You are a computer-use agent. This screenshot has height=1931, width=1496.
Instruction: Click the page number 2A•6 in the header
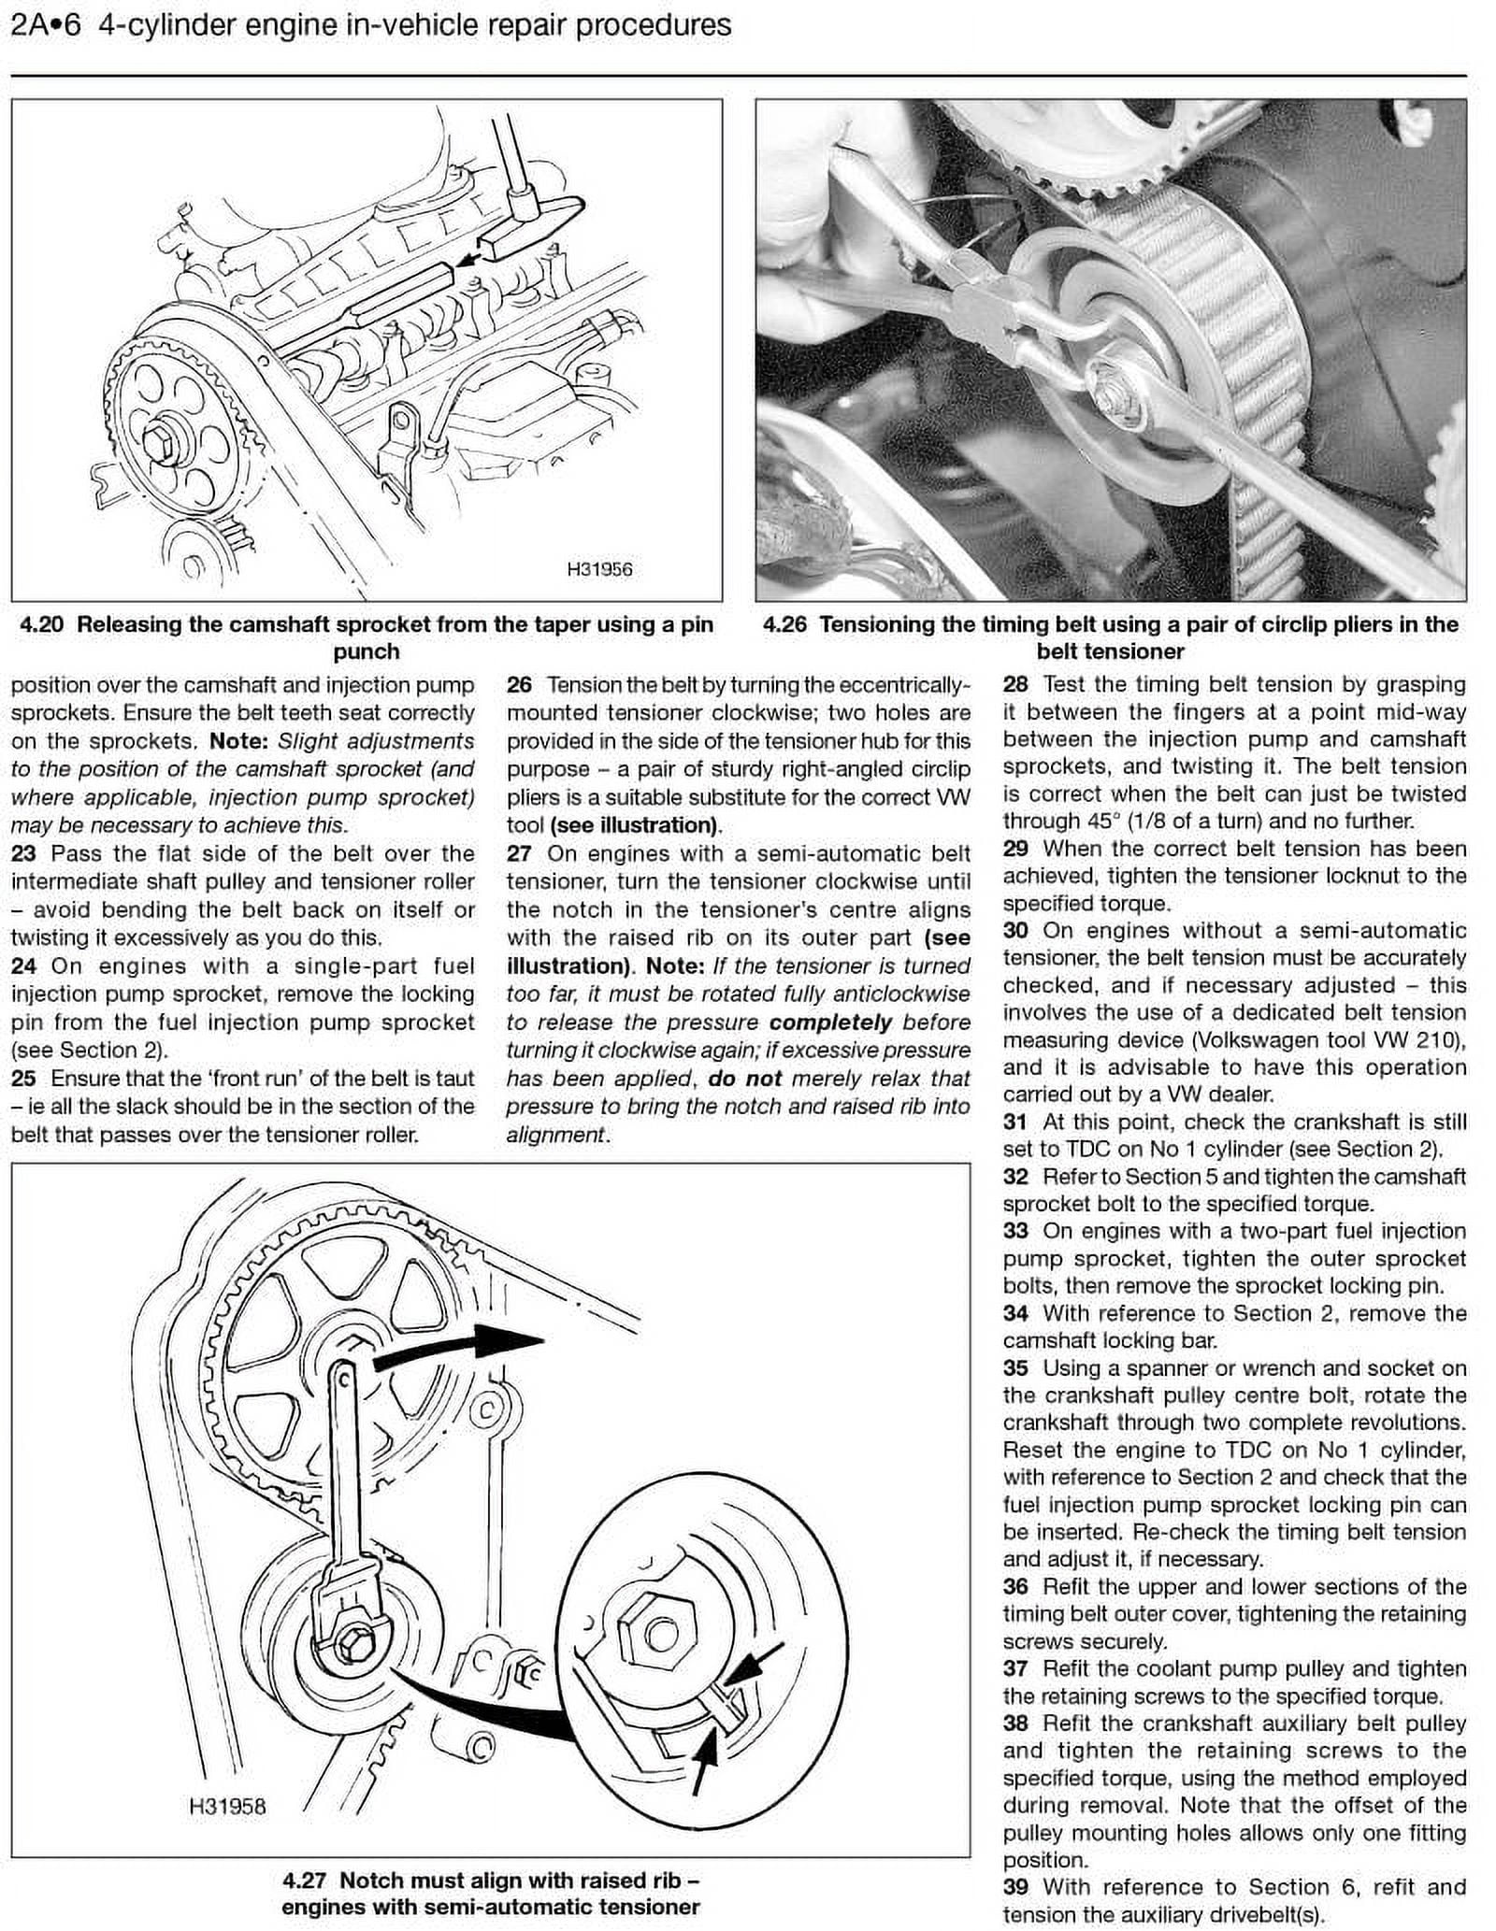45,25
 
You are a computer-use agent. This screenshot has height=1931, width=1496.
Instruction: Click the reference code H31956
599,569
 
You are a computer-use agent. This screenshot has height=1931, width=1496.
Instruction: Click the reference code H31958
227,1807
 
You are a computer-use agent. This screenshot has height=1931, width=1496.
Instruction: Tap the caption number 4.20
41,625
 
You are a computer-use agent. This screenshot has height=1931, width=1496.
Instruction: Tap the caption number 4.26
784,625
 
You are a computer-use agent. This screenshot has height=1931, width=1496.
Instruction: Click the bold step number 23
23,853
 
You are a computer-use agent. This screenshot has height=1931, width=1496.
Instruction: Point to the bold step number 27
520,853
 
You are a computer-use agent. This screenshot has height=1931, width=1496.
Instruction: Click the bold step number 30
1015,931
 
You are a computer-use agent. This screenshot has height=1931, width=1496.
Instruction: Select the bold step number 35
1015,1368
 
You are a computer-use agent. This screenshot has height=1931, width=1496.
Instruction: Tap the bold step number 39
1015,1887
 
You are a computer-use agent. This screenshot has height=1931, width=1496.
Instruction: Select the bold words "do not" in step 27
744,1079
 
